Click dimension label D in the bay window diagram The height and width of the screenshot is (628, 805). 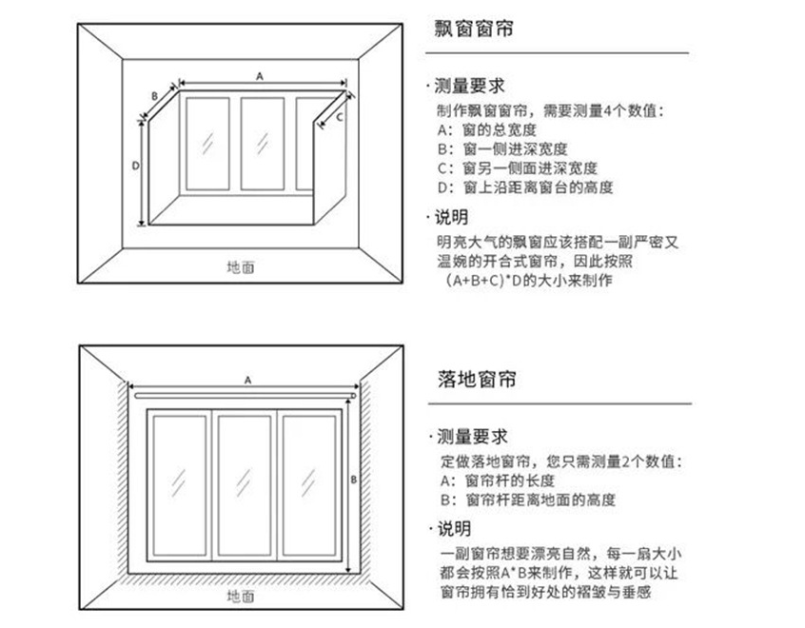[135, 165]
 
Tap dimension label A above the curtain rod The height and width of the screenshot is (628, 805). [247, 379]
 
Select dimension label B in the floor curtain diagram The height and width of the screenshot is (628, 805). [353, 481]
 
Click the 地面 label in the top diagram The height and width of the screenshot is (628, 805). [240, 267]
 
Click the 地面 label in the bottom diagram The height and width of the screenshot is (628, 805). [240, 597]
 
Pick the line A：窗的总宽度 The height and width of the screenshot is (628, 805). [487, 129]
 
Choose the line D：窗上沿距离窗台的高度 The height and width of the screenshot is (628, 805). [525, 187]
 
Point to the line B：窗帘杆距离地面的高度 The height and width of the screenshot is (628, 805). [526, 500]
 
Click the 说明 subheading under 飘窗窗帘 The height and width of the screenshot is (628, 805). [453, 217]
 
